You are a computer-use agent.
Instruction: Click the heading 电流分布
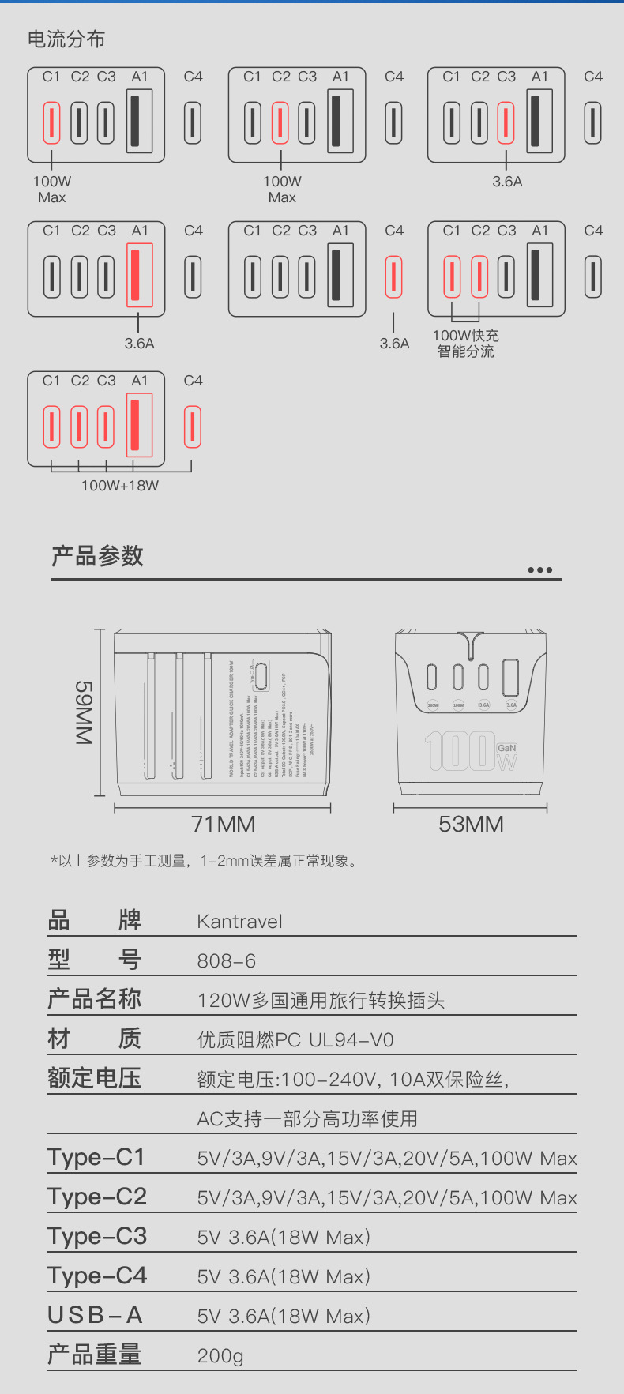[66, 39]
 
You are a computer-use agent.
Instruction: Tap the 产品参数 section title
[97, 556]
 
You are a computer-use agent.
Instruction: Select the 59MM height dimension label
[85, 712]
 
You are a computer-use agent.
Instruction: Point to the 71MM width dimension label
[224, 825]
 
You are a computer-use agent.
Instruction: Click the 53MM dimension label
[471, 825]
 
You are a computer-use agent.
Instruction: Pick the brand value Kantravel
[239, 922]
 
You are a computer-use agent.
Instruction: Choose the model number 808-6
[227, 961]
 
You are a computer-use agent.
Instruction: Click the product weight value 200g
[220, 1356]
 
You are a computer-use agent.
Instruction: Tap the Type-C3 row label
[97, 1237]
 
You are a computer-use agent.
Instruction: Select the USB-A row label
[95, 1316]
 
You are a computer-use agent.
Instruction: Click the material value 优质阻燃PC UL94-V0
[295, 1040]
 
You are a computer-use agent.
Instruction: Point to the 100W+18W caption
[120, 486]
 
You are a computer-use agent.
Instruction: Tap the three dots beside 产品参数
[539, 570]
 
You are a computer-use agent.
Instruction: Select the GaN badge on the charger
[506, 748]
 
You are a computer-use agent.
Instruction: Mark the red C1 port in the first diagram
[51, 123]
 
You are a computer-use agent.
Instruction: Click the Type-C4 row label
[97, 1276]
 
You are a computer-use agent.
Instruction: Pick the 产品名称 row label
[95, 1000]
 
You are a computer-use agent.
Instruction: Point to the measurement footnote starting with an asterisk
[204, 861]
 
